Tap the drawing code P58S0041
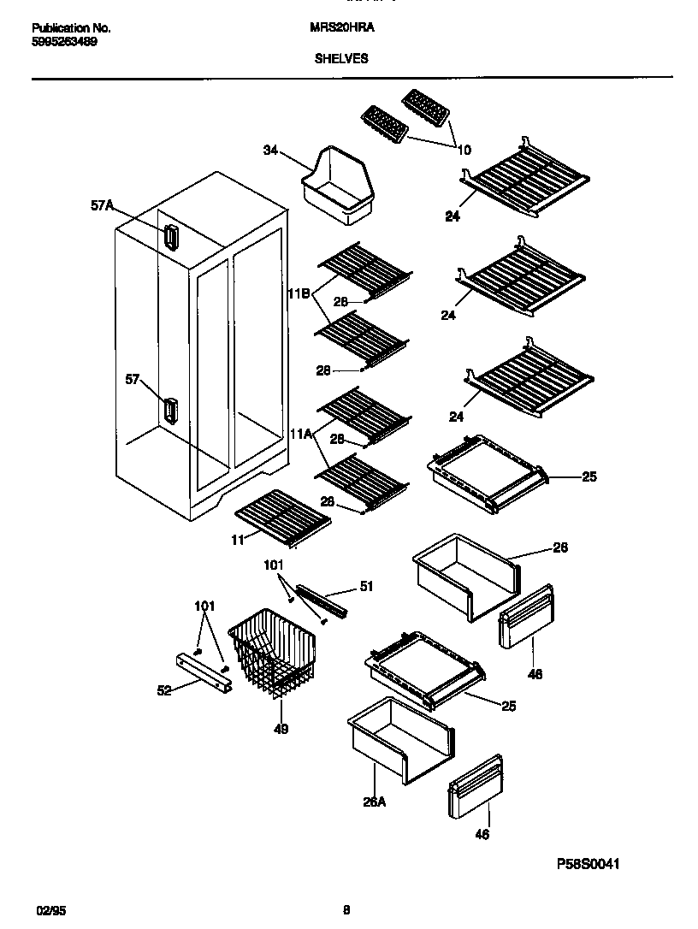point(588,864)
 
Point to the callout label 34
point(270,151)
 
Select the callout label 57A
point(102,205)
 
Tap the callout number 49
point(281,729)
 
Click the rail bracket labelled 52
point(204,673)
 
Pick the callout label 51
point(366,586)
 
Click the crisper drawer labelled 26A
point(400,737)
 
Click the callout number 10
point(464,150)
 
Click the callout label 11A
point(300,435)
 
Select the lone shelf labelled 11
point(282,517)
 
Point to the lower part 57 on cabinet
point(169,411)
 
